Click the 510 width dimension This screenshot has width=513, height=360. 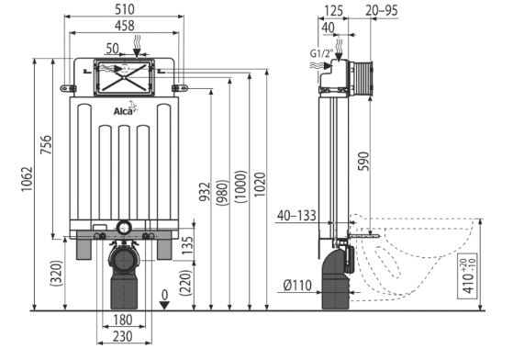(x=124, y=9)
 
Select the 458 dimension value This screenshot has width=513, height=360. (x=125, y=26)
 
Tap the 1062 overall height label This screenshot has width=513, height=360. (x=27, y=179)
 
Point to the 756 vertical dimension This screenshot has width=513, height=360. (x=46, y=145)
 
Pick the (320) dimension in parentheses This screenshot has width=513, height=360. (x=56, y=274)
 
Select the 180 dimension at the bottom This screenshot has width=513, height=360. (x=123, y=320)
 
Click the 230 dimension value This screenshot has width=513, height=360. (x=123, y=336)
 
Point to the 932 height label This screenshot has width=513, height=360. (x=206, y=191)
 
